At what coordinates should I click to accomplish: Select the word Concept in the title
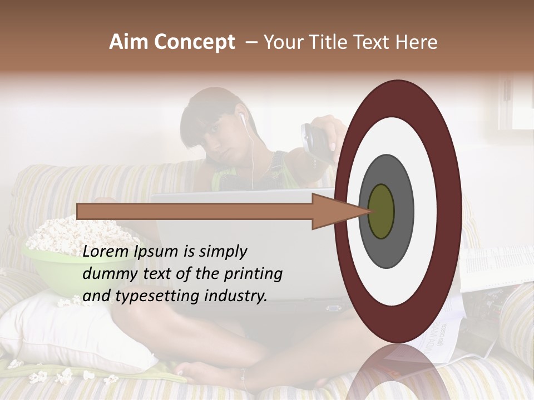click(195, 43)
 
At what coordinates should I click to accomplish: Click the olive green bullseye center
click(381, 211)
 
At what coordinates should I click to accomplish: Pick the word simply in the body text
click(222, 252)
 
